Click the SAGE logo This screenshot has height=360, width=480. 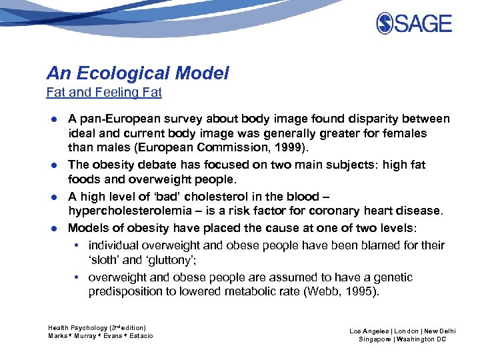[413, 24]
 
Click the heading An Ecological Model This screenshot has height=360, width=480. [137, 73]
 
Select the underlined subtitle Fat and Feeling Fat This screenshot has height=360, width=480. [104, 93]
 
